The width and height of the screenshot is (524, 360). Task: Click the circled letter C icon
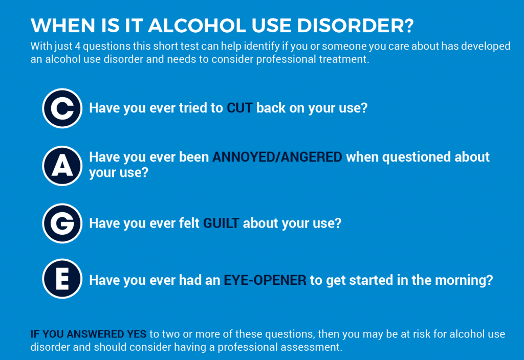[62, 108]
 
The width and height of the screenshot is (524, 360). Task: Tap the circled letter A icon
[62, 166]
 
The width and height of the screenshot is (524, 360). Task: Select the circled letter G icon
[62, 223]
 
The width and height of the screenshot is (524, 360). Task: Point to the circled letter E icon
[62, 279]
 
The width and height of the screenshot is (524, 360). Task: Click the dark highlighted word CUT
[239, 108]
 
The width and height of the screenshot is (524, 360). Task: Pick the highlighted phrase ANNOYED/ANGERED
[277, 157]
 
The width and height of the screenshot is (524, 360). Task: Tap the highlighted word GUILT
[221, 223]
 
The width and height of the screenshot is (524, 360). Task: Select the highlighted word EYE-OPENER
[265, 280]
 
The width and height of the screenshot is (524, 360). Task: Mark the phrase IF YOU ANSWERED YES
[88, 334]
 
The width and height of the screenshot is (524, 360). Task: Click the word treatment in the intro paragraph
[342, 59]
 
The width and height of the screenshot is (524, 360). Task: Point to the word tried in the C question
[191, 108]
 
